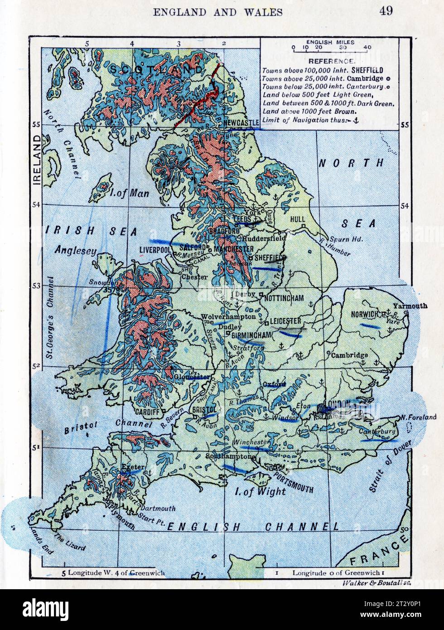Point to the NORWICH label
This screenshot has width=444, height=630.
point(364,314)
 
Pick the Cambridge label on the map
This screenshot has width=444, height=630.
point(349,355)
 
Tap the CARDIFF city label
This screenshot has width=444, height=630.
point(147,412)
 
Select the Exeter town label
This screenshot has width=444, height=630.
point(132,467)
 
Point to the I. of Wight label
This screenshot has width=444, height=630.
point(260,491)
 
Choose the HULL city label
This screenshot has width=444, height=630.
point(297,219)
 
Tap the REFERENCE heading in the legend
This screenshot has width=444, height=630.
point(331,61)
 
